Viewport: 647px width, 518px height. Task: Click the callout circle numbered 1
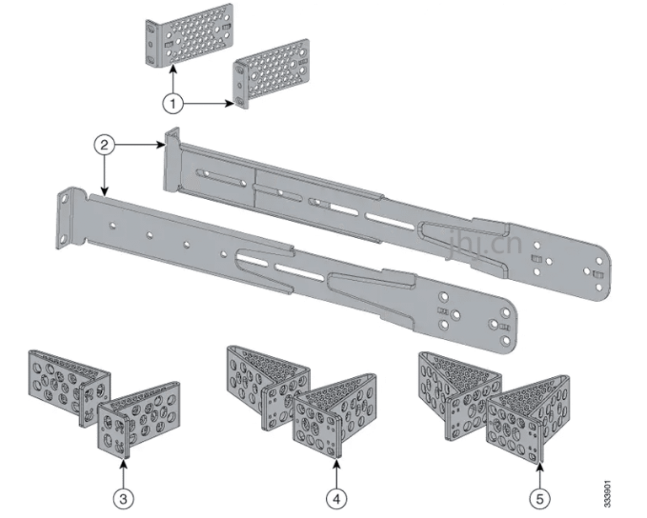(172, 103)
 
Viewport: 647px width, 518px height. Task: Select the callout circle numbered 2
(103, 145)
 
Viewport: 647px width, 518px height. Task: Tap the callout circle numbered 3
(125, 499)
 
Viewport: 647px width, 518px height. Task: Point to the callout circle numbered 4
(337, 499)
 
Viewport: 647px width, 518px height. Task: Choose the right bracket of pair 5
(531, 418)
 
